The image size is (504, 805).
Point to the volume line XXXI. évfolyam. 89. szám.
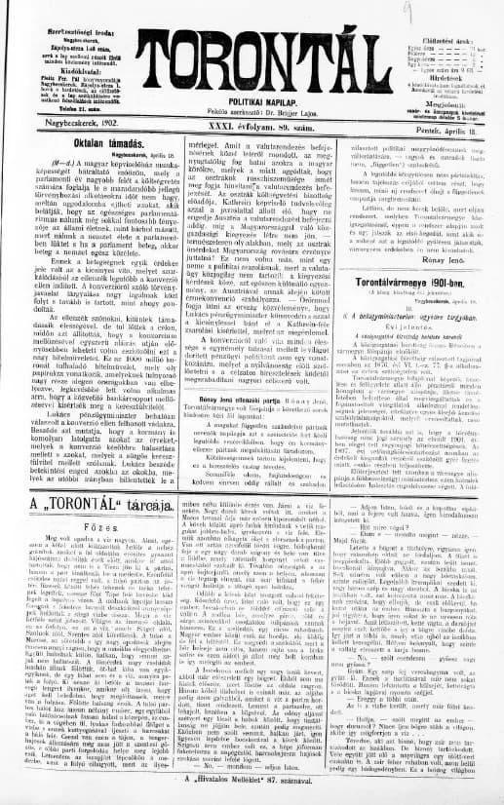(x=251, y=98)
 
